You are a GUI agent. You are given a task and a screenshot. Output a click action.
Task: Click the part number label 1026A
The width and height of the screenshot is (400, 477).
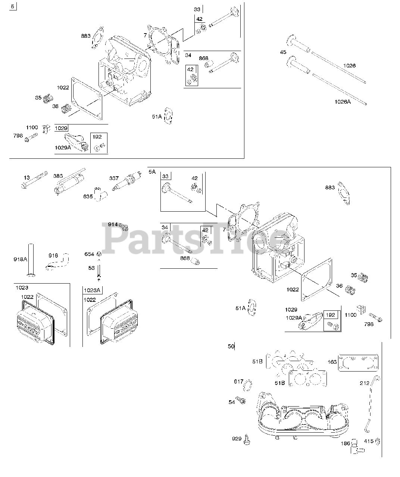pyautogui.click(x=342, y=101)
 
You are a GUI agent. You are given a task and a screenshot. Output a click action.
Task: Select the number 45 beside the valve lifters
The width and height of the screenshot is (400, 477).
pyautogui.click(x=283, y=53)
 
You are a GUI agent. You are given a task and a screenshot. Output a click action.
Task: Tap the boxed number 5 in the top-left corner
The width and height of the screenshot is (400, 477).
pyautogui.click(x=13, y=6)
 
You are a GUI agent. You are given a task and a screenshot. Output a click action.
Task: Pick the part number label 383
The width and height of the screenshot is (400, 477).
pyautogui.click(x=58, y=176)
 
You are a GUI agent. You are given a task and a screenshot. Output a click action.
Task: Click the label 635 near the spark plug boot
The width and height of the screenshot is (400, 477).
pyautogui.click(x=88, y=196)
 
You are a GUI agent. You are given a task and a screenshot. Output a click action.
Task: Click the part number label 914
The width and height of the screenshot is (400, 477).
pyautogui.click(x=113, y=224)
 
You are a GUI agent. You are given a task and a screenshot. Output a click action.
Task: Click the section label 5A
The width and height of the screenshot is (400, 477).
pyautogui.click(x=152, y=172)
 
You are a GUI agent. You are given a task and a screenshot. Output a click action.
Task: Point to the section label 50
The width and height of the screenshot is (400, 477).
pyautogui.click(x=231, y=347)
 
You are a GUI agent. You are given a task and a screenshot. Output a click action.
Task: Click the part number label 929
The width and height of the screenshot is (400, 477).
pyautogui.click(x=237, y=439)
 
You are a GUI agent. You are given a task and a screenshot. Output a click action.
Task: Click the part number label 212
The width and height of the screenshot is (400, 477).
pyautogui.click(x=364, y=383)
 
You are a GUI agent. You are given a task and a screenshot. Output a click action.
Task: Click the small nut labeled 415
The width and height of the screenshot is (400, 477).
pyautogui.click(x=378, y=441)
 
